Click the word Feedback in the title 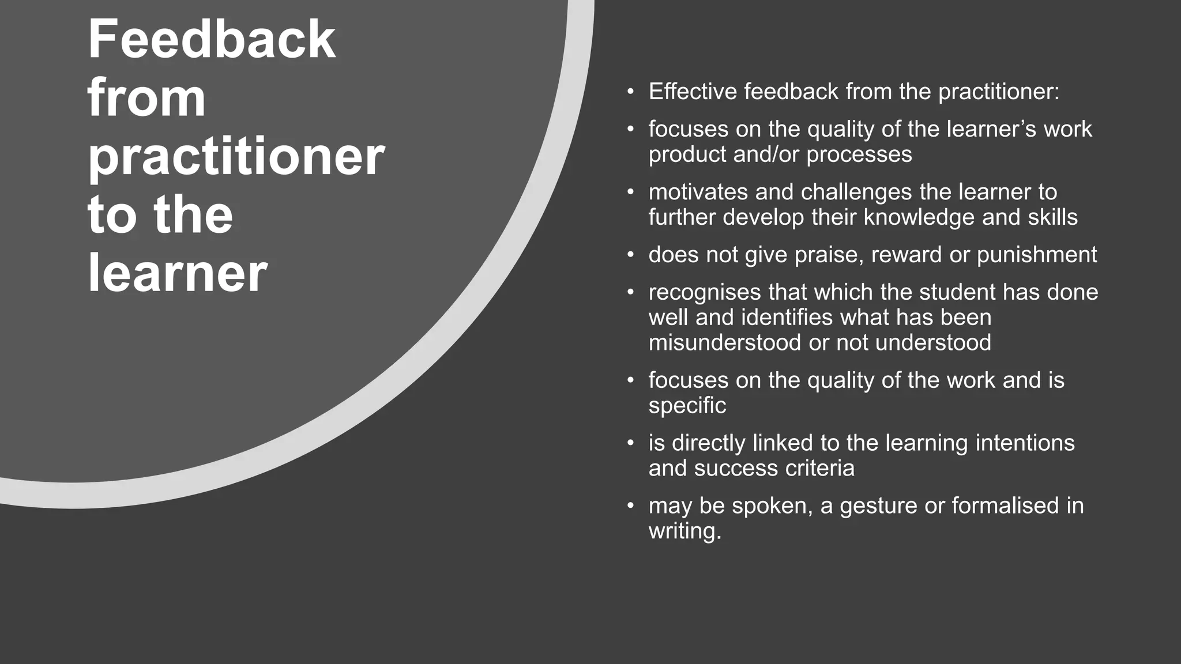[211, 39]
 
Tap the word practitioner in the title [236, 157]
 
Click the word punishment [1037, 255]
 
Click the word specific [687, 406]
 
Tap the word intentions [1025, 443]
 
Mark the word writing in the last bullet [684, 531]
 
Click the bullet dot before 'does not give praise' [631, 255]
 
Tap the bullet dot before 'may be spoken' [631, 506]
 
